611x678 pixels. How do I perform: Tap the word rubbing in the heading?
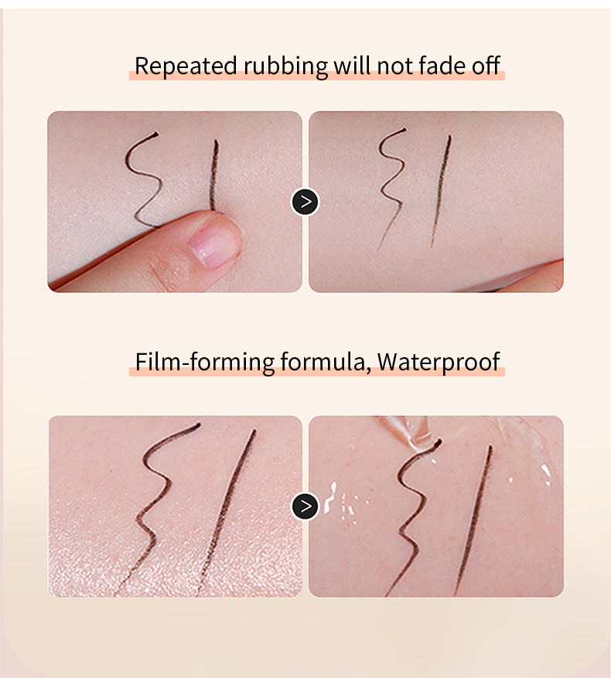(285, 66)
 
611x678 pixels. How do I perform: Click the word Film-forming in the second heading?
(205, 362)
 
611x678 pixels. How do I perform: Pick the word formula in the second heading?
(326, 363)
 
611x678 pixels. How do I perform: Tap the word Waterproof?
(439, 363)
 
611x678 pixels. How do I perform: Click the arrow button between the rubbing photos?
(305, 202)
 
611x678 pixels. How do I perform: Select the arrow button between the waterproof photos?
(305, 506)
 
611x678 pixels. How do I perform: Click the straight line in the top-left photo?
(213, 175)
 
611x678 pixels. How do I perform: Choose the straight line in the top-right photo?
(441, 191)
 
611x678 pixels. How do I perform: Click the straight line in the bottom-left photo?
(226, 512)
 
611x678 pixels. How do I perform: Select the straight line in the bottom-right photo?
(474, 519)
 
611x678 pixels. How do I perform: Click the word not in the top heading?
(394, 66)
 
